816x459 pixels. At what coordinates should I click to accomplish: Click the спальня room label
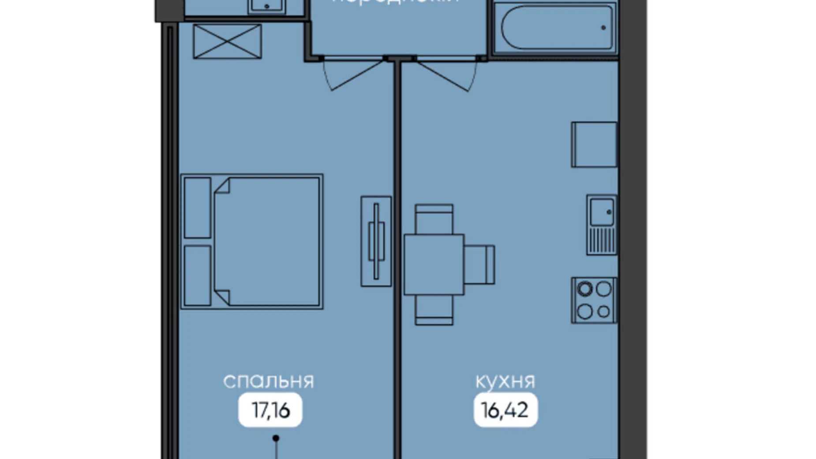tap(268, 381)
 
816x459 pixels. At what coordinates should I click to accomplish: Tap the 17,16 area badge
tap(270, 410)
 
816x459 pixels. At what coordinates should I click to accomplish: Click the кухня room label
tap(505, 381)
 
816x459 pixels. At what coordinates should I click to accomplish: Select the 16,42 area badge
tap(505, 410)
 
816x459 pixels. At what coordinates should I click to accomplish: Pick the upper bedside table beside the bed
tap(197, 208)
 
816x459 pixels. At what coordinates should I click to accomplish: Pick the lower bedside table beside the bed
tap(197, 275)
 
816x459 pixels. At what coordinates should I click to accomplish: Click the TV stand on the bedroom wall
tap(376, 241)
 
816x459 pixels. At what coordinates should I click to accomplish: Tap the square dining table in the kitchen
tap(434, 264)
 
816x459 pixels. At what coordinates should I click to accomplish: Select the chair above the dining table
tap(434, 219)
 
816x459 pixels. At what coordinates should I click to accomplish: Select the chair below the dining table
tap(434, 310)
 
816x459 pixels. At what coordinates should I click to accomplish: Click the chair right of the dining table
tap(479, 265)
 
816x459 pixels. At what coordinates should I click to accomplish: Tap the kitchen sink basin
tap(602, 213)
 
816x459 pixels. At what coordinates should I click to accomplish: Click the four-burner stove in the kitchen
tap(594, 301)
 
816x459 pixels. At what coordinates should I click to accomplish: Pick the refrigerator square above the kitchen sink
tap(594, 145)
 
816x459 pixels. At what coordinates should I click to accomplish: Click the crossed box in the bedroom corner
tap(227, 41)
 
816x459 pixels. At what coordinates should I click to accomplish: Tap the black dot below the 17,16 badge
tap(276, 438)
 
